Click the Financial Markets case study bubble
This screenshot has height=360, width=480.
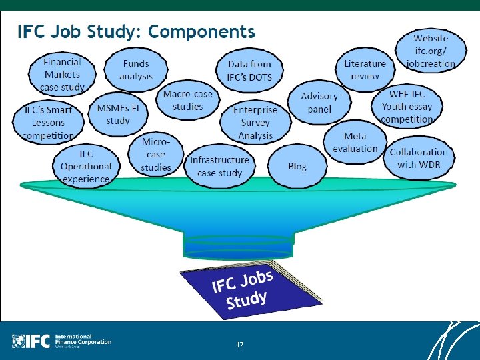62,74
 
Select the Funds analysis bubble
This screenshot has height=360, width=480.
136,70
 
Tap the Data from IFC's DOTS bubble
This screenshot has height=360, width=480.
249,71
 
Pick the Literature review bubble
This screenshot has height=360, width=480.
365,70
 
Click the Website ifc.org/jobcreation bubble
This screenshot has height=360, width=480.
431,51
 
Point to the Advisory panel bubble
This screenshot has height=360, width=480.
319,103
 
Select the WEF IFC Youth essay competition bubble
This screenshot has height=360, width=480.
407,107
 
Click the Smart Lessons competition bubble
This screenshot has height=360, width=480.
48,123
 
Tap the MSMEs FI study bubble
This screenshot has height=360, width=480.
118,114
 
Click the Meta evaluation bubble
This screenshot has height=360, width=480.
355,143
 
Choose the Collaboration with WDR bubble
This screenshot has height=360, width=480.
419,159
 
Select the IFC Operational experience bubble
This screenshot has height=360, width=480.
86,166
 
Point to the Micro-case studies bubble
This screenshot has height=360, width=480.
156,155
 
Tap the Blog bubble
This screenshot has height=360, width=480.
297,166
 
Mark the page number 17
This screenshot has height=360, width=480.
240,345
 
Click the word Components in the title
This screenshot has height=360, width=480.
202,31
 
